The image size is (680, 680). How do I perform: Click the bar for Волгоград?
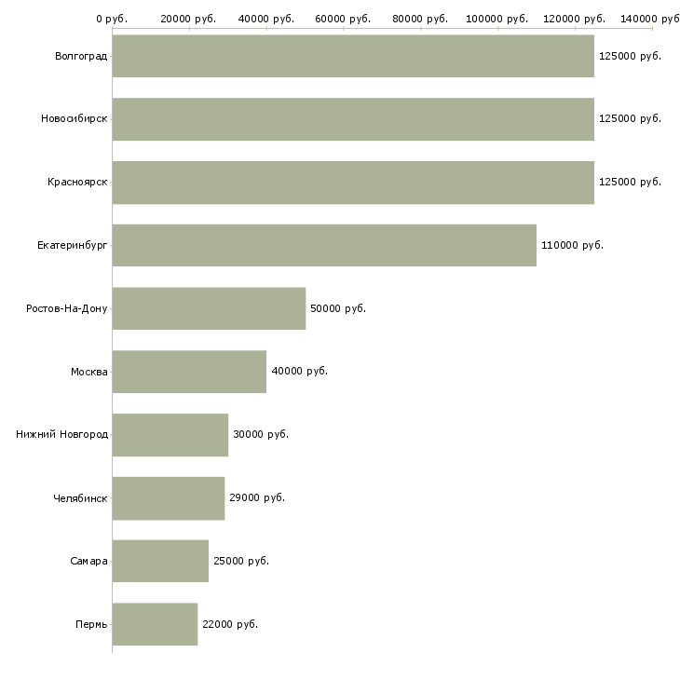click(x=353, y=56)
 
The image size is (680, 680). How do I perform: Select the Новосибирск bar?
click(x=353, y=119)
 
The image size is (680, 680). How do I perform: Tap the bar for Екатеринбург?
click(x=324, y=245)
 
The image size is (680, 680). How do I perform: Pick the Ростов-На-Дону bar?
click(x=209, y=308)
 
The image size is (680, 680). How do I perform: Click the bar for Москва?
click(x=189, y=372)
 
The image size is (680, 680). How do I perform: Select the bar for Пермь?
click(x=155, y=624)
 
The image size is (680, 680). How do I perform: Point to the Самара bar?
click(x=160, y=561)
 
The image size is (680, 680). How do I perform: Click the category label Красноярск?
click(x=77, y=182)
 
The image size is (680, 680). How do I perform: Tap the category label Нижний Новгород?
click(x=61, y=434)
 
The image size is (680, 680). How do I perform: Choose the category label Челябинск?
click(x=80, y=497)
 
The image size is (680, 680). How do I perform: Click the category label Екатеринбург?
click(x=73, y=245)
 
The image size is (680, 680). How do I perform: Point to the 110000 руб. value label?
click(x=572, y=245)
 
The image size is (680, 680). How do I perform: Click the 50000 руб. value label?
click(x=337, y=308)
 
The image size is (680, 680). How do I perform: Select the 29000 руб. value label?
click(x=256, y=497)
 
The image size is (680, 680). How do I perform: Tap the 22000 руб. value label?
click(x=229, y=624)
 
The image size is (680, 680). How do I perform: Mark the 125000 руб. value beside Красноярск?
click(x=630, y=182)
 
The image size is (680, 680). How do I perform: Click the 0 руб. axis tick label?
click(x=112, y=19)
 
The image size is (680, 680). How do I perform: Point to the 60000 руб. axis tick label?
click(x=344, y=19)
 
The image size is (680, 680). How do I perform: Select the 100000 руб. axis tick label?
click(x=498, y=19)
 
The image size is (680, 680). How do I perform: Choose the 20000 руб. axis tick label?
click(x=189, y=19)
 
